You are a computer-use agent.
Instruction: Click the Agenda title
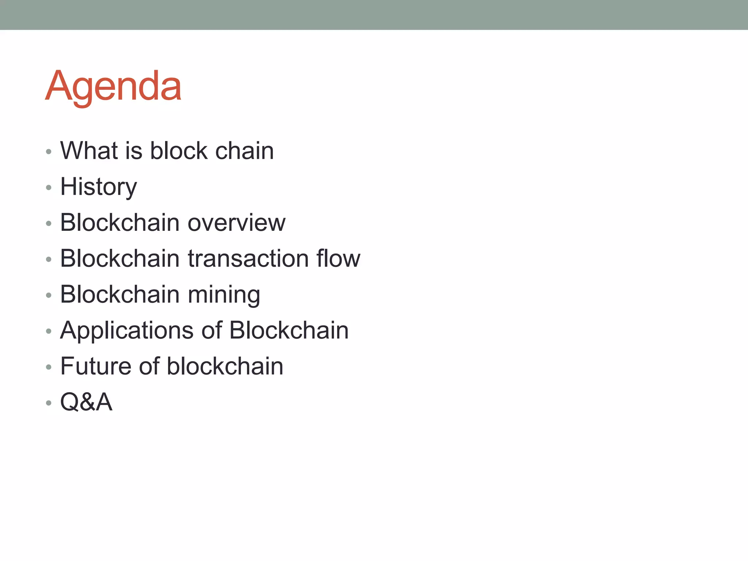pyautogui.click(x=113, y=86)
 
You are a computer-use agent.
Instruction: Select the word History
pyautogui.click(x=98, y=187)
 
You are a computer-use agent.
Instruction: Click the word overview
pyautogui.click(x=236, y=222)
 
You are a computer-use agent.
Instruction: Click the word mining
pyautogui.click(x=224, y=294)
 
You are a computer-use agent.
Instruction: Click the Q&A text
pyautogui.click(x=86, y=402)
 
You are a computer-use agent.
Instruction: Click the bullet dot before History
pyautogui.click(x=49, y=188)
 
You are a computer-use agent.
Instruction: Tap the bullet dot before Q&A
pyautogui.click(x=49, y=403)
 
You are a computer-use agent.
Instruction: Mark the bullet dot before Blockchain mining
pyautogui.click(x=49, y=295)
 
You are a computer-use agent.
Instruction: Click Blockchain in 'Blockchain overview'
pyautogui.click(x=120, y=222)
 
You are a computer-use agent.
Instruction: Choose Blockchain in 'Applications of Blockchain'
pyautogui.click(x=289, y=330)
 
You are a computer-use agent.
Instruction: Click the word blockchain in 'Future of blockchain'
pyautogui.click(x=225, y=366)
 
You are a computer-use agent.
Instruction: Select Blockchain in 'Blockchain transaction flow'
pyautogui.click(x=120, y=258)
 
